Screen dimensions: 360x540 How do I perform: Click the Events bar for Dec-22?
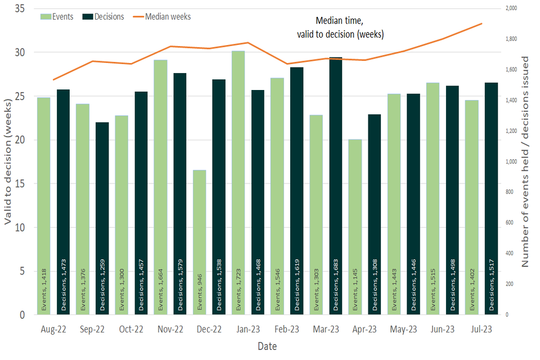tap(200, 242)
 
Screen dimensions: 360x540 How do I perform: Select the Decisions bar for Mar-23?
tap(336, 186)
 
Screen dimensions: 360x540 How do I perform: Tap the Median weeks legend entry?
tap(163, 16)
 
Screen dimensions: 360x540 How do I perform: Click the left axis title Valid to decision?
tap(8, 163)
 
